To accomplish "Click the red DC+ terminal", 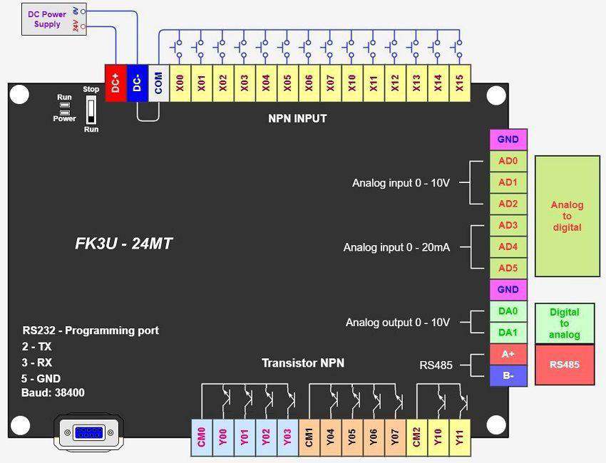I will [115, 84].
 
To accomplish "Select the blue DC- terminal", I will [137, 84].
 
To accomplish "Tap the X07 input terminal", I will [330, 84].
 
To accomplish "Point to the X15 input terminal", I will [460, 84].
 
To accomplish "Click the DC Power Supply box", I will [47, 19].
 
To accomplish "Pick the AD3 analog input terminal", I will [508, 226].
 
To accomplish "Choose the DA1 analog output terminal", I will [508, 333].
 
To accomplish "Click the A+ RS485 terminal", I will [508, 354].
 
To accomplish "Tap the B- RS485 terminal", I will [508, 375].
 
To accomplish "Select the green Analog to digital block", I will [567, 216].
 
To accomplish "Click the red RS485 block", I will [564, 365].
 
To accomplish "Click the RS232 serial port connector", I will [87, 432].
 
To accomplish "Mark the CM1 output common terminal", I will [309, 436].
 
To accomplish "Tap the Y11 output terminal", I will [460, 436].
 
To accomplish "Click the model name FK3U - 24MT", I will [124, 244].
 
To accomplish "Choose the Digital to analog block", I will [564, 323].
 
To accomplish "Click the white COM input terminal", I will [158, 84].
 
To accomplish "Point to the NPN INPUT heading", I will [297, 118].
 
